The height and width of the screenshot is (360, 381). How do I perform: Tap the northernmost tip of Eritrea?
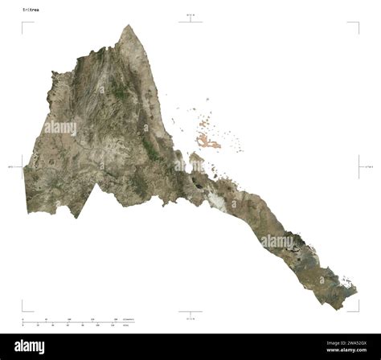coord(127,25)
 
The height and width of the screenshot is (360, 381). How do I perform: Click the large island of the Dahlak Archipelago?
coord(208,142)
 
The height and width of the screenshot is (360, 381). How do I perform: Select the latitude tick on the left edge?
coord(22,166)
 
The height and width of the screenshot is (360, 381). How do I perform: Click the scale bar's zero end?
coord(23,322)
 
